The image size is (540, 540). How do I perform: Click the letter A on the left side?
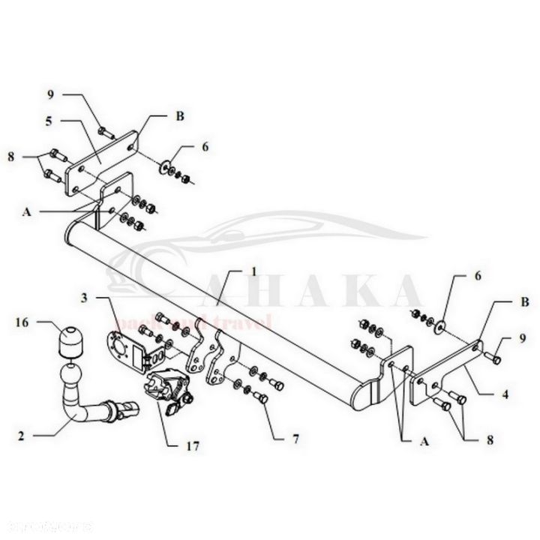pyautogui.click(x=26, y=212)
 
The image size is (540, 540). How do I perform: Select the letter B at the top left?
pyautogui.click(x=180, y=116)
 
